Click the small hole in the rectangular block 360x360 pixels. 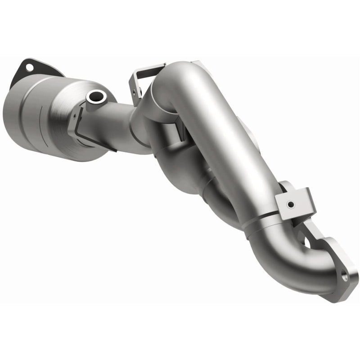pos(291,205)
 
